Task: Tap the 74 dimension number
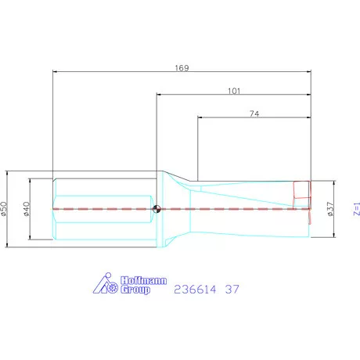tap(254, 113)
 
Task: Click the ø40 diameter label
tap(26, 209)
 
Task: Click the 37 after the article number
tap(232, 289)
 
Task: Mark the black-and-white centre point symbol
tap(157, 208)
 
